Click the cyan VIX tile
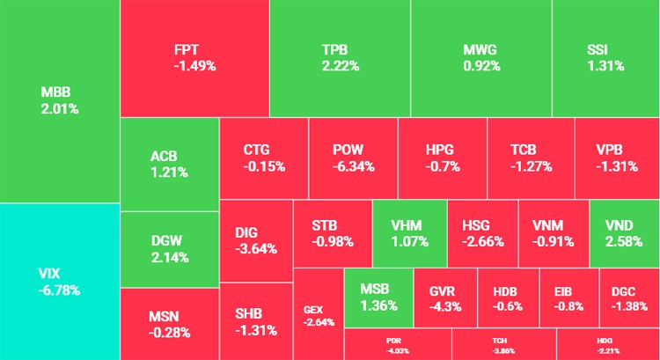[x=59, y=280]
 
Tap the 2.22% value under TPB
[x=341, y=65]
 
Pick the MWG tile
[x=480, y=57]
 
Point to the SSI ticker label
[x=605, y=49]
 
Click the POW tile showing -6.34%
[x=354, y=158]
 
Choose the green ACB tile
[x=169, y=165]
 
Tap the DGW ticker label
[x=169, y=241]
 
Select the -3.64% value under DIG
[x=256, y=248]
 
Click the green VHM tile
[x=409, y=232]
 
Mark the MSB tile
[x=378, y=298]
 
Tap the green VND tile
[x=624, y=232]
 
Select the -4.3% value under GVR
[x=446, y=306]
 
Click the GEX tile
[x=318, y=314]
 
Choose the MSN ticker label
[x=164, y=315]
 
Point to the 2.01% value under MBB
[x=59, y=109]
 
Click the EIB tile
[x=568, y=298]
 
